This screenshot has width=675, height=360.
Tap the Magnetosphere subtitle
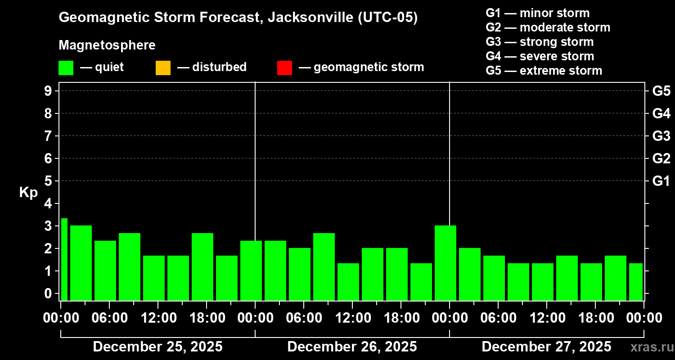107,45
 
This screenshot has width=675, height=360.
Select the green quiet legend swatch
66,67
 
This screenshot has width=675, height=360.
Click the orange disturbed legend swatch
163,67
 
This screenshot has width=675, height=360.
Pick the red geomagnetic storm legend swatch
284,67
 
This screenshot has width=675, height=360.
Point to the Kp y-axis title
28,193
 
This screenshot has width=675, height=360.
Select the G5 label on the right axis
661,91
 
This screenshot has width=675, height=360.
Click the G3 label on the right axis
661,136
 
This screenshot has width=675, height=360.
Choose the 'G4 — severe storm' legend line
540,56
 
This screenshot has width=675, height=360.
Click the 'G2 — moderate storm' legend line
548,27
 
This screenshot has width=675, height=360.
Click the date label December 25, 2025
157,346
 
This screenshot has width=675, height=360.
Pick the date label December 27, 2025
546,346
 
